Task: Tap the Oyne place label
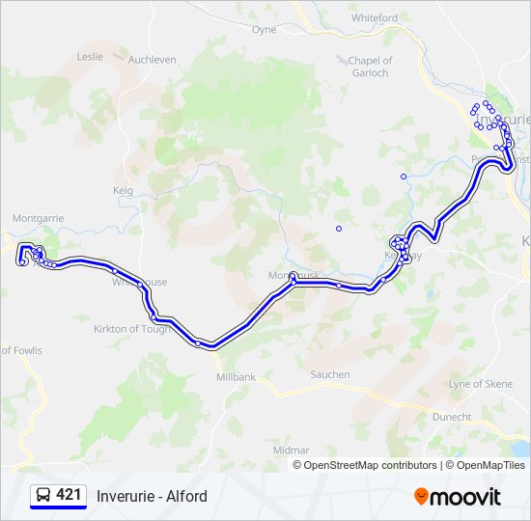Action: [x=264, y=30]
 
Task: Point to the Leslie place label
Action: [x=90, y=56]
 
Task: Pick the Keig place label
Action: [x=123, y=190]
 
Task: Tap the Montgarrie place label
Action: [x=39, y=218]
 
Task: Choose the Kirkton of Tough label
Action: [x=132, y=329]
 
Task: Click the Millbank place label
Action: [x=237, y=376]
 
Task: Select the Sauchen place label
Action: [x=329, y=374]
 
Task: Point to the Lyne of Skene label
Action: [x=481, y=384]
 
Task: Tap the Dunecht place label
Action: [x=453, y=417]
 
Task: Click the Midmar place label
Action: [x=292, y=450]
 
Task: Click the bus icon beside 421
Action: [x=43, y=496]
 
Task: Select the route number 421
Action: [x=69, y=495]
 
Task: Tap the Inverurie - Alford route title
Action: [x=152, y=497]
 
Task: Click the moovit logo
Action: [x=458, y=497]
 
